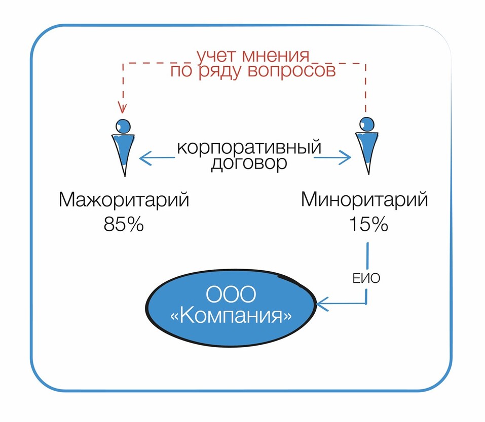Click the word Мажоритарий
tap(124, 200)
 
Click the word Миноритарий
tap(364, 200)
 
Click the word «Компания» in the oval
tap(231, 317)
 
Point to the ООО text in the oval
tap(231, 295)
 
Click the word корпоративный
tap(249, 148)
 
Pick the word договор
tap(249, 164)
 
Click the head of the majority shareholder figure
tap(123, 125)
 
